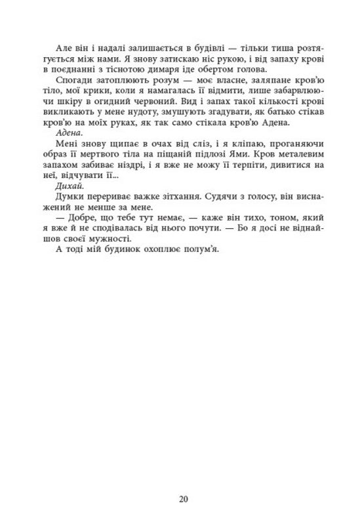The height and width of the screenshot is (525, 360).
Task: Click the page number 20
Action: click(x=183, y=499)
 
